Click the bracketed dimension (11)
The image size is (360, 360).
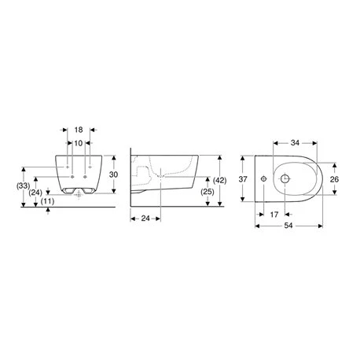pyautogui.click(x=48, y=201)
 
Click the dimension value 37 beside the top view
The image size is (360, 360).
pyautogui.click(x=243, y=179)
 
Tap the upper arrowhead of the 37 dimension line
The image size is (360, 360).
pyautogui.click(x=252, y=156)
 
